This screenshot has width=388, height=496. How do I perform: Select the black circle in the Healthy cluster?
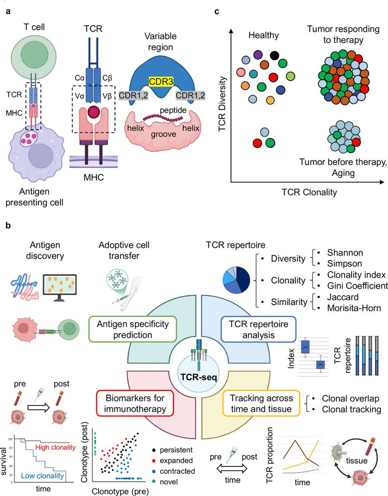pyautogui.click(x=274, y=55)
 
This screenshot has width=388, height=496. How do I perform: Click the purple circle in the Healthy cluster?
pyautogui.click(x=258, y=54)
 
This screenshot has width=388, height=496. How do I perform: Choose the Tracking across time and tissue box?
pyautogui.click(x=263, y=403)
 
